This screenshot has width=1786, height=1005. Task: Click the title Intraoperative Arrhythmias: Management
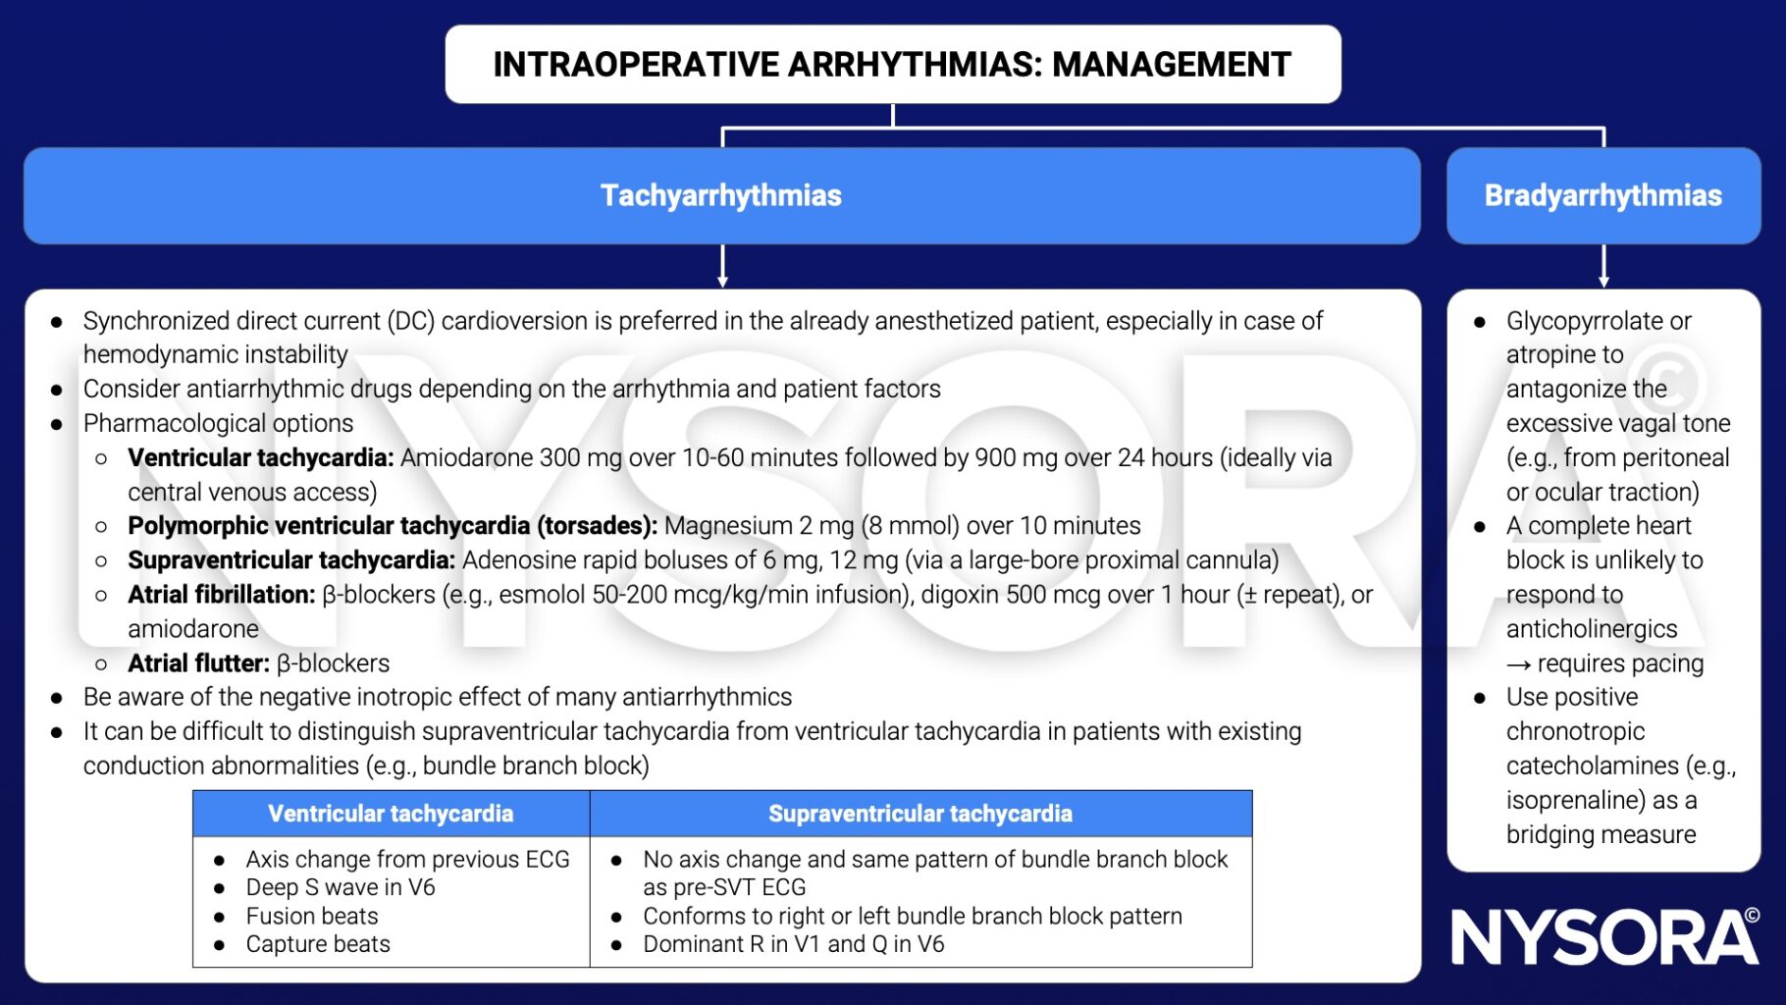[892, 65]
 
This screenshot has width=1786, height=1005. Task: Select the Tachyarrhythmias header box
[721, 195]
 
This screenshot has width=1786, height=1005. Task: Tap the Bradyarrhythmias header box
[1602, 195]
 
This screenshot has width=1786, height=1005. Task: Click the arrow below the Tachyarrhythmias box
[722, 267]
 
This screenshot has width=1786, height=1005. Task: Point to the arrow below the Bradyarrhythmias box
[1603, 267]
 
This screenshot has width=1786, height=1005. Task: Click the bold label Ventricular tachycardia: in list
[260, 457]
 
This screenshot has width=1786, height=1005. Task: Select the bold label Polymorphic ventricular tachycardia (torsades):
[392, 525]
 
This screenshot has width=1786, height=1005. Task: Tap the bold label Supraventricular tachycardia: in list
[291, 559]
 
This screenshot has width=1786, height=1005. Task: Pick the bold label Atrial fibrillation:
[221, 594]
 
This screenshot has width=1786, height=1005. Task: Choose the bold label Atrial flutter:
[198, 662]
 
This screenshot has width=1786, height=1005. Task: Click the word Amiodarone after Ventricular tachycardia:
[458, 457]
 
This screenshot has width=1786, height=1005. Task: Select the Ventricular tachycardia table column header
[391, 814]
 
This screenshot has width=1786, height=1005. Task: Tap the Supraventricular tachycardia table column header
[919, 814]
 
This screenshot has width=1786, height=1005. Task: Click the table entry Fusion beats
[312, 916]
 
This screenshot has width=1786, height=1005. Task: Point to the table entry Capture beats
[318, 944]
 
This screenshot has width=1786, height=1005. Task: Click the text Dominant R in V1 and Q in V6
[793, 944]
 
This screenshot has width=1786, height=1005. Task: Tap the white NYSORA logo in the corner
[1604, 936]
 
